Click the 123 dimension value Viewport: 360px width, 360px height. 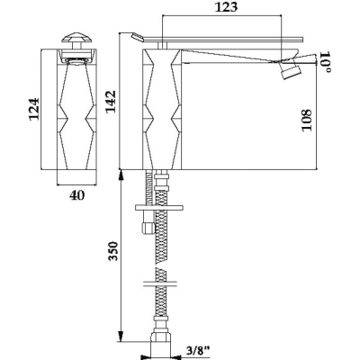pyautogui.click(x=226, y=7)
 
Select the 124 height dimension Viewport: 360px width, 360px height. pyautogui.click(x=34, y=109)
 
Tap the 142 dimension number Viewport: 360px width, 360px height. pyautogui.click(x=111, y=102)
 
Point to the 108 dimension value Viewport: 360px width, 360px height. pyautogui.click(x=307, y=120)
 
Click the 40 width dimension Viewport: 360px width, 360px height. pyautogui.click(x=77, y=195)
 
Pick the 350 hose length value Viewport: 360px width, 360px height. pyautogui.click(x=113, y=251)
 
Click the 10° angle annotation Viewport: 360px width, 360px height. pyautogui.click(x=326, y=61)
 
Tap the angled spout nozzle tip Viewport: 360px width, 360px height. pyautogui.click(x=290, y=72)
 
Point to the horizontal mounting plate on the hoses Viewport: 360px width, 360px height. pyautogui.click(x=159, y=208)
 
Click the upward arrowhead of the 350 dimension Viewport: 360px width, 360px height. pyautogui.click(x=121, y=175)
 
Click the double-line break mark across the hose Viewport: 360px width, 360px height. pyautogui.click(x=160, y=283)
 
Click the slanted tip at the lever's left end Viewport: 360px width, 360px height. pyautogui.click(x=137, y=36)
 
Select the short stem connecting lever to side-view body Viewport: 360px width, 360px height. pyautogui.click(x=162, y=45)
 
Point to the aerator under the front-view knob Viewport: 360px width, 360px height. pyautogui.click(x=76, y=60)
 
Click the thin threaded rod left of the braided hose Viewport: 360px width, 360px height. pyautogui.click(x=148, y=188)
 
